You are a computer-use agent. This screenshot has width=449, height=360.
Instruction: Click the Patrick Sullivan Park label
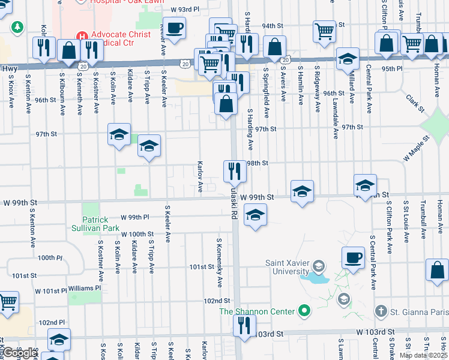pyautogui.click(x=100, y=224)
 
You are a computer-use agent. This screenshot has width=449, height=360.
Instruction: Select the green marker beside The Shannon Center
pyautogui.click(x=305, y=311)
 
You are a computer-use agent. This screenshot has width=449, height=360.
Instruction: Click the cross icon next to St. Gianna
pyautogui.click(x=379, y=311)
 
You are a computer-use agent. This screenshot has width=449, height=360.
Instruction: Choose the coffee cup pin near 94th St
pyautogui.click(x=175, y=28)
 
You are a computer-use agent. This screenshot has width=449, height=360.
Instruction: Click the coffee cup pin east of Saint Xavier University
pyautogui.click(x=353, y=257)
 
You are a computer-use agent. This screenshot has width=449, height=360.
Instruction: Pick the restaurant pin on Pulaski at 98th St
pyautogui.click(x=235, y=171)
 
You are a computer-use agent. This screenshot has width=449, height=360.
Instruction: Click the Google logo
pyautogui.click(x=19, y=353)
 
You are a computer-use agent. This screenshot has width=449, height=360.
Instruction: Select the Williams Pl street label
pyautogui.click(x=81, y=289)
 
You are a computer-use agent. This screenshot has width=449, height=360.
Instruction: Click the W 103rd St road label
pyautogui.click(x=375, y=332)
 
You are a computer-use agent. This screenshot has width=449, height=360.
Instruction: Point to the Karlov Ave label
pyautogui.click(x=200, y=177)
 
